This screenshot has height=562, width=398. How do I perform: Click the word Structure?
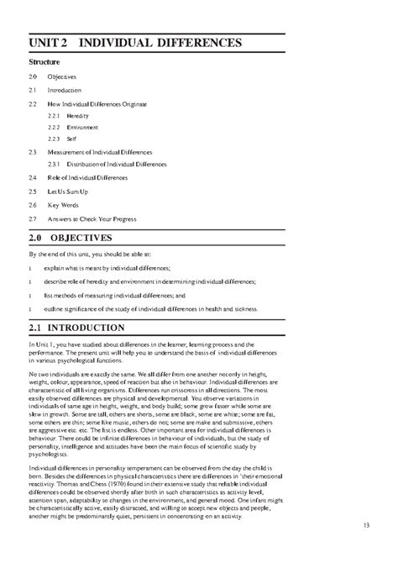(45, 62)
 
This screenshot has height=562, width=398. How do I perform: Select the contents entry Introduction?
(65, 90)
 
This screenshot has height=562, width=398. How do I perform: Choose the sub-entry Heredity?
(78, 115)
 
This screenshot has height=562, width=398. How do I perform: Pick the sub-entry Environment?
(83, 127)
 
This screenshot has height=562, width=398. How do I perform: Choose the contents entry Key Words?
(63, 204)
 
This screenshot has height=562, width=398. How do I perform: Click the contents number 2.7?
(33, 218)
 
